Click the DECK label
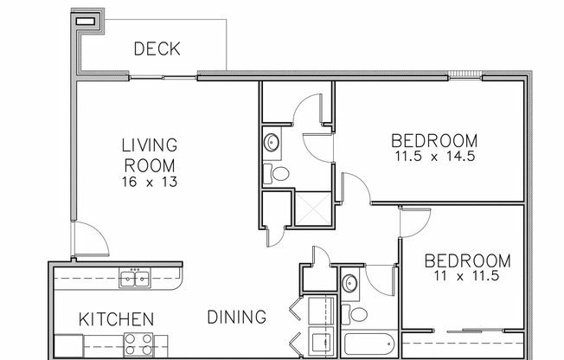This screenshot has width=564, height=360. click(x=157, y=48)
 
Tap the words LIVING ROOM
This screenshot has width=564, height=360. click(x=149, y=154)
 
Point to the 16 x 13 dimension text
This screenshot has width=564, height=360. click(x=149, y=183)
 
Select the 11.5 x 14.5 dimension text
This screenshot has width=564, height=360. click(x=434, y=158)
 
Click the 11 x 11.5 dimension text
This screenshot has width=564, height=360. click(x=468, y=278)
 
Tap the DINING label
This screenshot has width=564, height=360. click(x=236, y=318)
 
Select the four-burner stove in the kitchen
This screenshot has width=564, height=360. click(x=137, y=344)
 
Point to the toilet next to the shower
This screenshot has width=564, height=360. click(x=278, y=173)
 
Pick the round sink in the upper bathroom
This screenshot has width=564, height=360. click(x=272, y=142)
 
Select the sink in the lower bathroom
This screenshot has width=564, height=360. click(x=349, y=283)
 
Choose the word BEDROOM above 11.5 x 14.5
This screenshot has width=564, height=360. click(x=434, y=140)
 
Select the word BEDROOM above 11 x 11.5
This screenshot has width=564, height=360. click(x=468, y=260)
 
